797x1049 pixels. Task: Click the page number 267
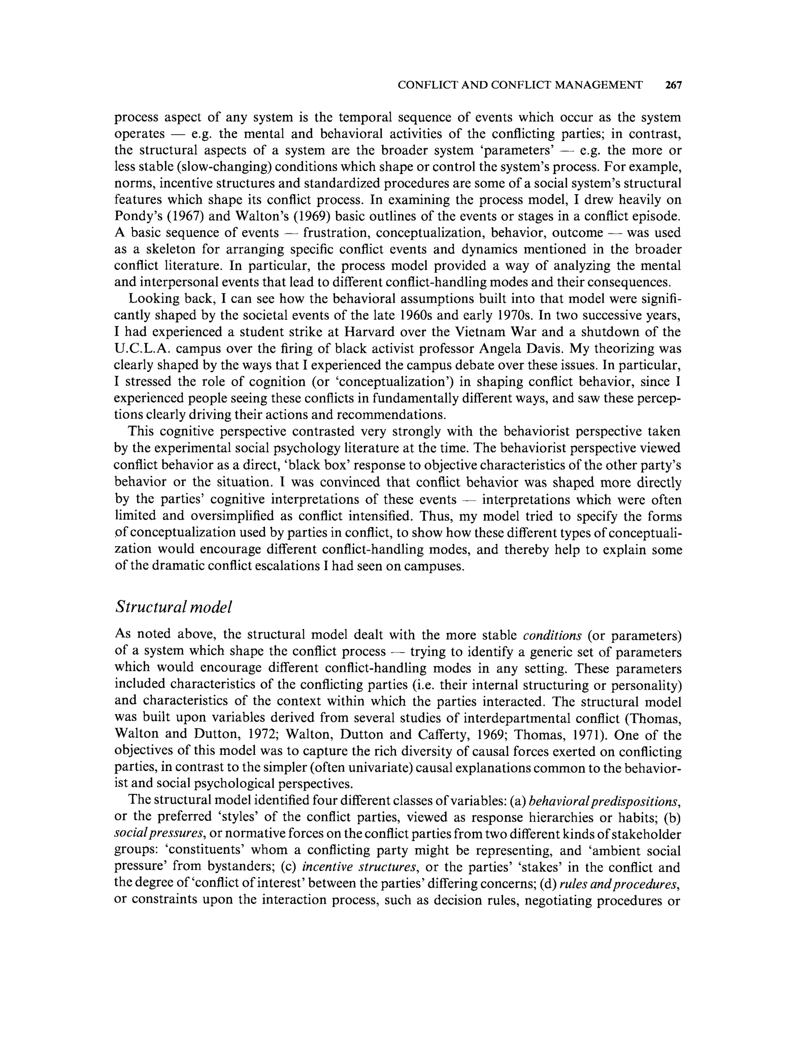(673, 85)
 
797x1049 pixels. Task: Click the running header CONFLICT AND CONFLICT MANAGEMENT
(520, 85)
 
